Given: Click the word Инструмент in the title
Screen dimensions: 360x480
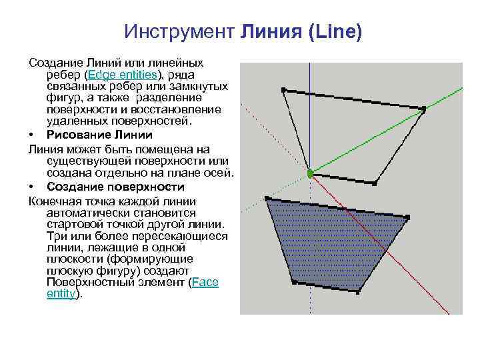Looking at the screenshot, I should tap(177, 32).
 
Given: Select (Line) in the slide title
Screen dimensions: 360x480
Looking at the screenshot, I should tap(333, 32).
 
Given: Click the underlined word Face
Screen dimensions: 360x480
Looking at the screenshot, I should tap(205, 282).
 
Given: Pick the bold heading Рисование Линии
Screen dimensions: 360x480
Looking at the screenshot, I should tap(100, 134).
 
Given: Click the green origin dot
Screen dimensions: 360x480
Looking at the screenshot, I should tap(310, 173).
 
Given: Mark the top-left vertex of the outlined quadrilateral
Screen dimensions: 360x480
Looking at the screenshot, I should tap(283, 89).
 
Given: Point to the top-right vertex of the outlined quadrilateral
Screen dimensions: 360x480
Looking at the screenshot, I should tap(424, 109).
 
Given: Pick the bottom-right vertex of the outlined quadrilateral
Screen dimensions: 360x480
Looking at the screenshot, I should tap(375, 183).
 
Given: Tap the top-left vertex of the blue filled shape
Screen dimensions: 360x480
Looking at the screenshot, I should tap(267, 199).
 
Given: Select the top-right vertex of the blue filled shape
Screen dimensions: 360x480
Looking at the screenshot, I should tap(408, 217).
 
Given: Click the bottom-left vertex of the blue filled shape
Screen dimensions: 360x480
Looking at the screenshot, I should tap(293, 282).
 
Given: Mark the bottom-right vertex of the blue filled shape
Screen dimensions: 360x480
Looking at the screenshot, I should tap(359, 291).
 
